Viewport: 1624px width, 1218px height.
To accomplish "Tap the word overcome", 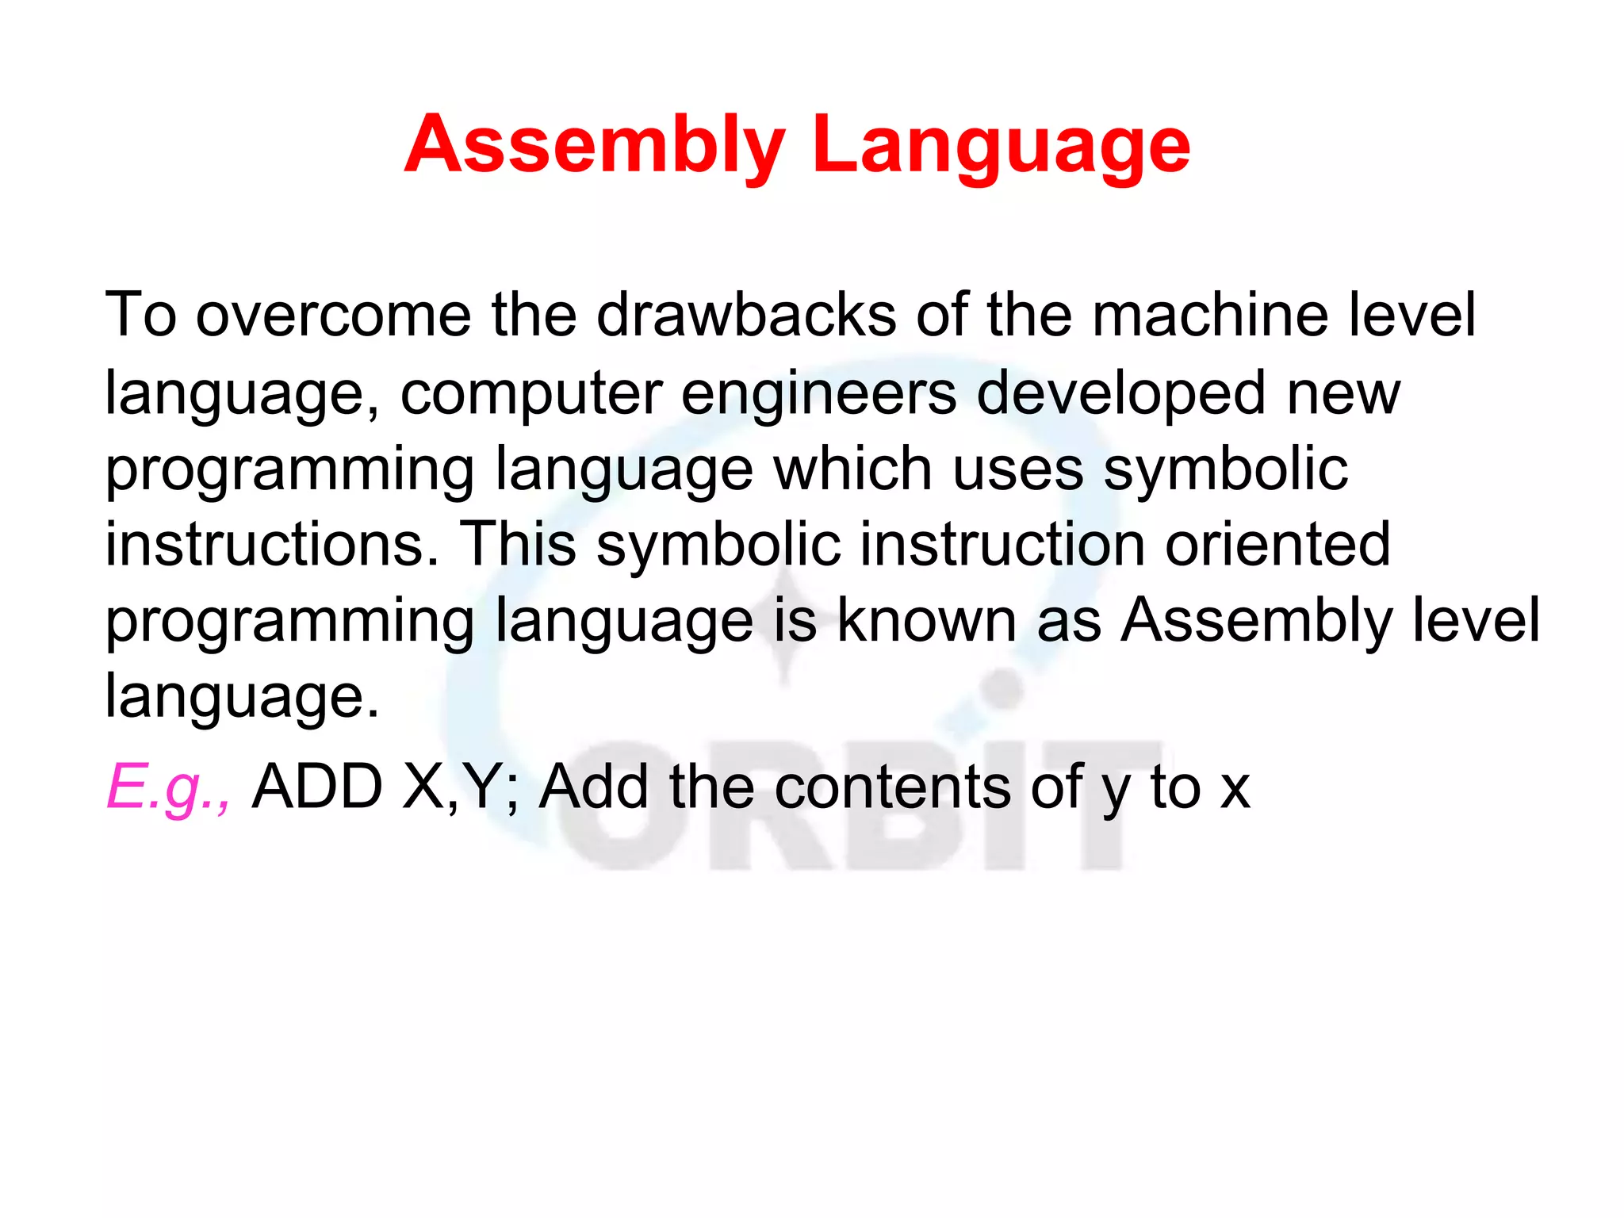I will [333, 316].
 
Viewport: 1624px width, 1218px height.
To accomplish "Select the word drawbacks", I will [746, 316].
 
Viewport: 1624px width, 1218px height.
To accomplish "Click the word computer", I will [531, 394].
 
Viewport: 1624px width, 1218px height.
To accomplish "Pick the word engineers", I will [818, 394].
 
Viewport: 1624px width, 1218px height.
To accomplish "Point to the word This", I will [518, 545].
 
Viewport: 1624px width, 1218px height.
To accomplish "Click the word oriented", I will [1277, 545].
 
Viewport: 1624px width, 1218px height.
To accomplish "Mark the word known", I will [926, 621].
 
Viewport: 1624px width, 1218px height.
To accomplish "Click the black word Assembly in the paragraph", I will [1256, 621].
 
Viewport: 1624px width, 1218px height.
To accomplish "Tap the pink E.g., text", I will [169, 787].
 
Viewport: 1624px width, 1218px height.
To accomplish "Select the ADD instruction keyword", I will [318, 787].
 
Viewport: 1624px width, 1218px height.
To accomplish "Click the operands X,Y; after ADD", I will [461, 787].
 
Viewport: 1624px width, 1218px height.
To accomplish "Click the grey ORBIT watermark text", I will [856, 809].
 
